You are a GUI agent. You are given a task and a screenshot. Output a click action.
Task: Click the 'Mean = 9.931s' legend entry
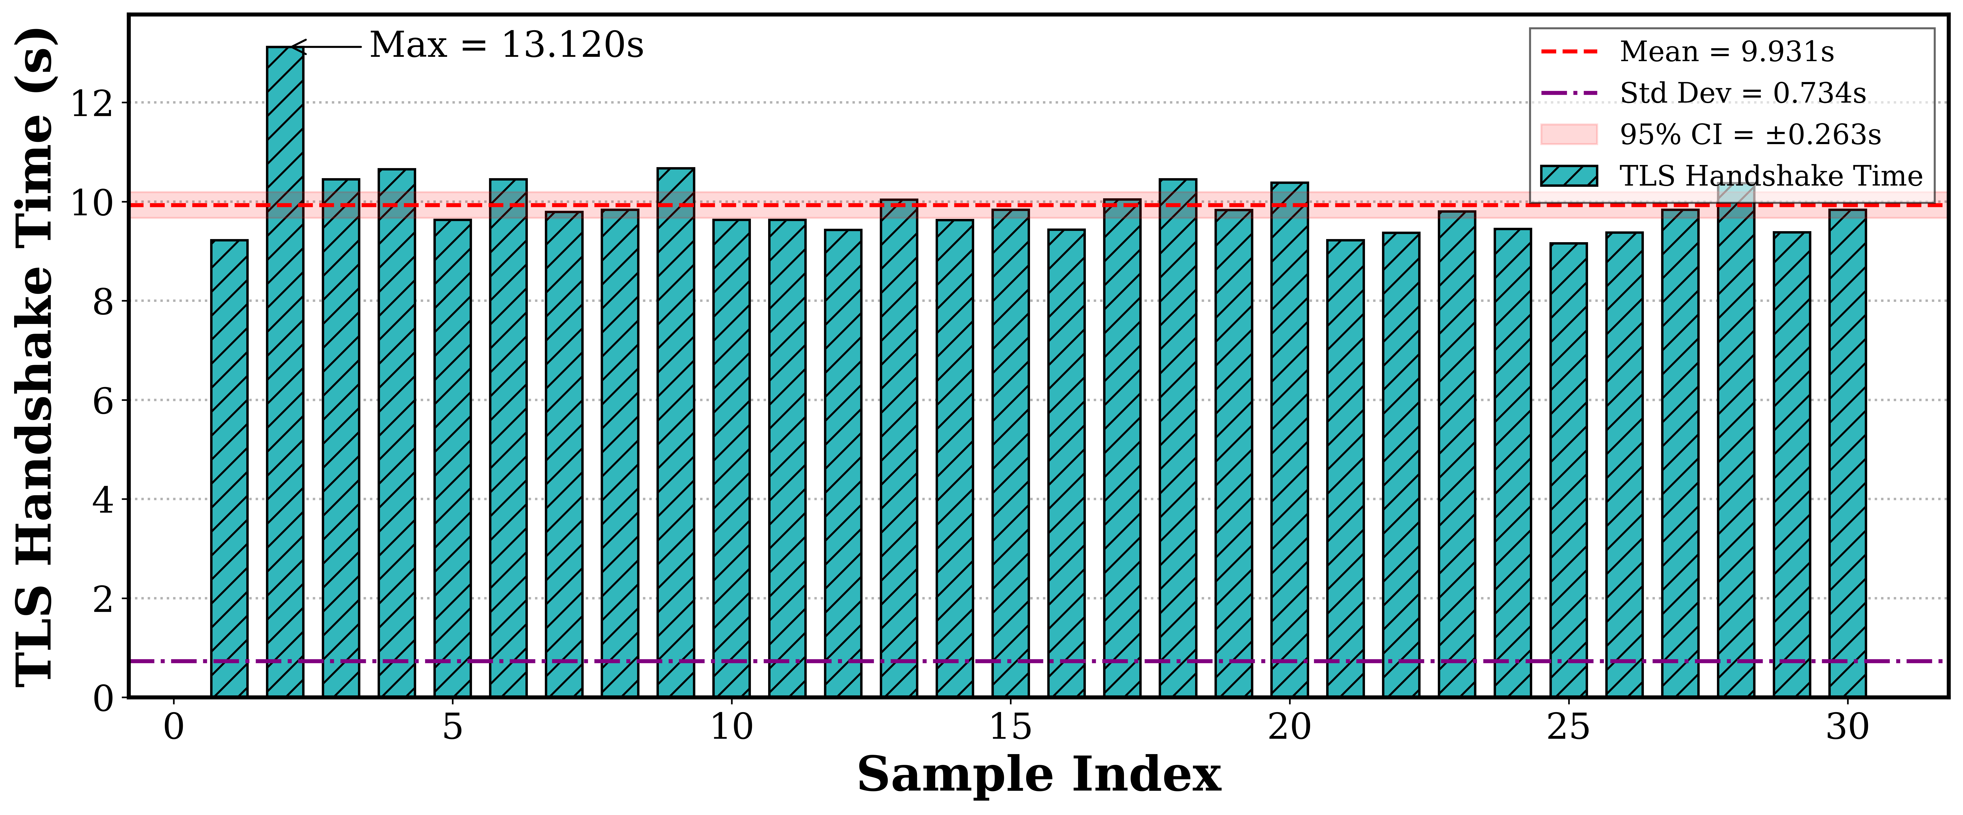[1726, 52]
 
